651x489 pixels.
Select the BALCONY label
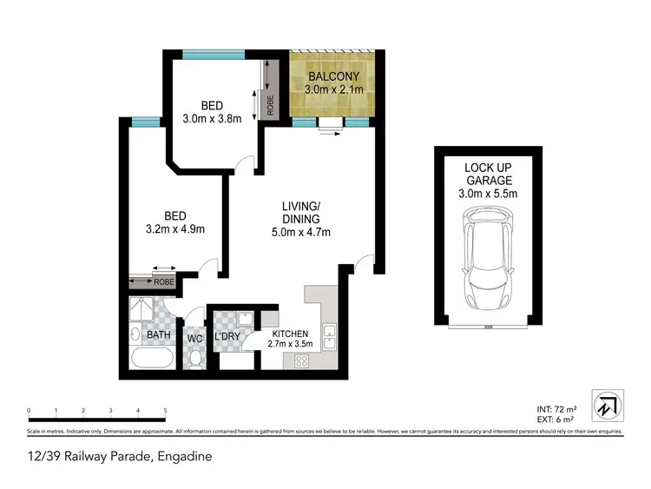[x=333, y=76]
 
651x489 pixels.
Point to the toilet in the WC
[x=195, y=356]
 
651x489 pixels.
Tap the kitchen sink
[x=329, y=334]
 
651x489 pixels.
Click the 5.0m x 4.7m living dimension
[x=301, y=232]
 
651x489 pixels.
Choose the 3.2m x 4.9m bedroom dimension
[x=177, y=229]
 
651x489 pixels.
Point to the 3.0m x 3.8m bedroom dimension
[x=212, y=121]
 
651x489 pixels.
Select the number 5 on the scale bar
[x=164, y=410]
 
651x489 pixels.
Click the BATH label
[x=158, y=334]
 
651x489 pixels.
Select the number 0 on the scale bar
[x=29, y=410]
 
